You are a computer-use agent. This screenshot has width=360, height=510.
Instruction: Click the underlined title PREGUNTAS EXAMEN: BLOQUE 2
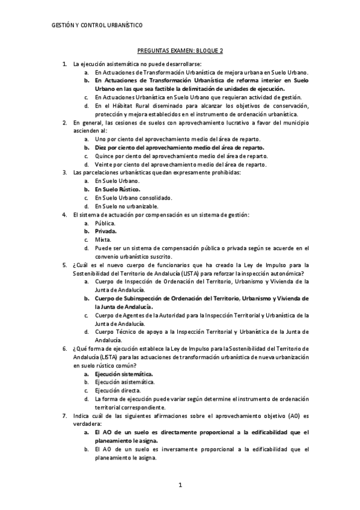tap(180, 53)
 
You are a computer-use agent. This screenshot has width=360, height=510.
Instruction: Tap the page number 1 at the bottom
tap(180, 485)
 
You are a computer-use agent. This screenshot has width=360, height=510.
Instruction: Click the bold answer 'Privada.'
tap(106, 231)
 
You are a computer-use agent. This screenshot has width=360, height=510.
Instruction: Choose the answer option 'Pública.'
tap(105, 223)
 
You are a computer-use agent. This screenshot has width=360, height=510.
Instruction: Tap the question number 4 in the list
tap(64, 214)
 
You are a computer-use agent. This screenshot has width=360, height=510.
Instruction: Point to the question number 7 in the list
tap(64, 416)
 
